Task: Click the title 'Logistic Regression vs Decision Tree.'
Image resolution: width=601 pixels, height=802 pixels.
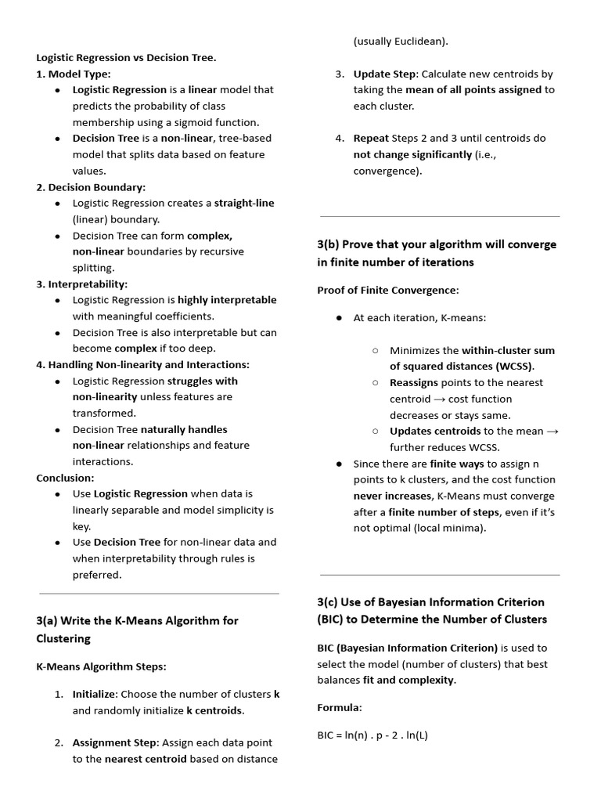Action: point(126,57)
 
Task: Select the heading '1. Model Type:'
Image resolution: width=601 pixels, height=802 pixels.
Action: point(74,74)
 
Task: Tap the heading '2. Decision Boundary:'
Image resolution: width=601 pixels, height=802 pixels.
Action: point(91,187)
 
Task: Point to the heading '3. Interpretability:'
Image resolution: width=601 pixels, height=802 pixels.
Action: point(81,284)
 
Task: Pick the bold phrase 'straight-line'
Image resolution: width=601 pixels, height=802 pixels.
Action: point(244,203)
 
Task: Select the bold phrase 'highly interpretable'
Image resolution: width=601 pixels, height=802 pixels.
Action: point(227,300)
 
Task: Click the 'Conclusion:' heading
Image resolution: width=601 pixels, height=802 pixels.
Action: point(65,478)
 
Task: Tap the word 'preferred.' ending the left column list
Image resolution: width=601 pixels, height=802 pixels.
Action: point(97,575)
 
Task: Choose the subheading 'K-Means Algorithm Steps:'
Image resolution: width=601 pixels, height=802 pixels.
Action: point(101,667)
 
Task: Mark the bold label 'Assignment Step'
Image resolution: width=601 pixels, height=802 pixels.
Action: point(115,742)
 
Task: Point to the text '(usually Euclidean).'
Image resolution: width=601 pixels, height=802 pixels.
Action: point(401,42)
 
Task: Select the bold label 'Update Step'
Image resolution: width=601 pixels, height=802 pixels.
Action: point(384,74)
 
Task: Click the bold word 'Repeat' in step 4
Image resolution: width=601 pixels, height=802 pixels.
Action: point(371,139)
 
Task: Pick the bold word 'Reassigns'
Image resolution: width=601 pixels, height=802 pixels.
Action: point(414,383)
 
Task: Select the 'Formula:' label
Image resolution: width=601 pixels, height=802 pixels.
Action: point(340,707)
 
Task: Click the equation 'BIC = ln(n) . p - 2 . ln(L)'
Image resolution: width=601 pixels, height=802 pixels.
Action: point(372,735)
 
